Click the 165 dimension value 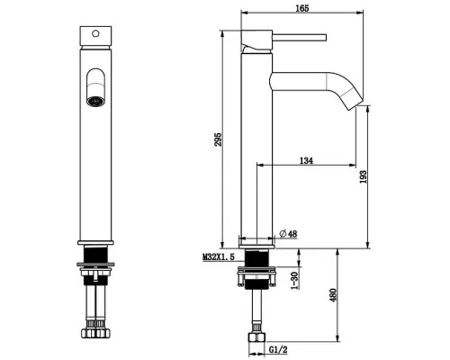302,8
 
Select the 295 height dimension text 218,139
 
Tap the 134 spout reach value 306,161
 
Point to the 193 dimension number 363,177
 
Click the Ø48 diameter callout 288,233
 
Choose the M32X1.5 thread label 219,257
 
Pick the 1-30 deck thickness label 295,281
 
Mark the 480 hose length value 333,295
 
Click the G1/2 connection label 278,350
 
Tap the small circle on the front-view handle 95,33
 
